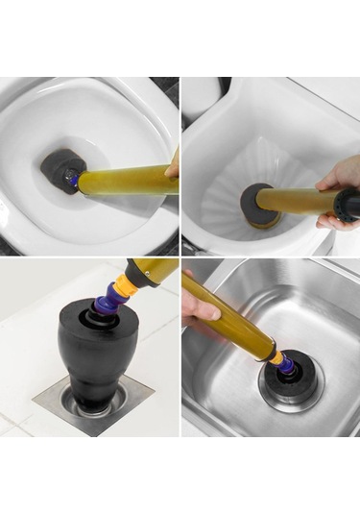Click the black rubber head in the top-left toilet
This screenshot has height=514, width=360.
click(x=58, y=170)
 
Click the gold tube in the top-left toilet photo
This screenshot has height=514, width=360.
click(x=125, y=180)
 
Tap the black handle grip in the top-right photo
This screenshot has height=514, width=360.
click(x=347, y=203)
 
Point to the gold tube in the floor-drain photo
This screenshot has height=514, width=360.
click(x=158, y=267)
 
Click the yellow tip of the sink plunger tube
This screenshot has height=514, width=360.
click(x=276, y=355)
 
